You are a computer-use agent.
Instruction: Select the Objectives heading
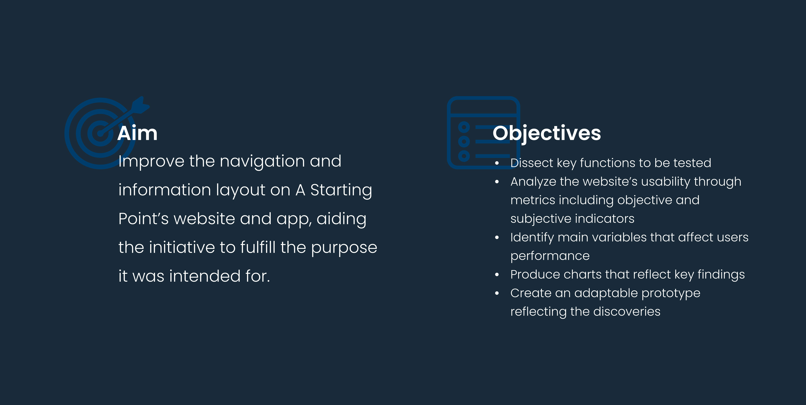tap(547, 134)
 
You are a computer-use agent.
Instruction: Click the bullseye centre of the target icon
tap(100, 133)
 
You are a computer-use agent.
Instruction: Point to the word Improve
tap(151, 162)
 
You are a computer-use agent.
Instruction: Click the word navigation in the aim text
tap(262, 162)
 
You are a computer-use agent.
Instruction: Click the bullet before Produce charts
tap(497, 275)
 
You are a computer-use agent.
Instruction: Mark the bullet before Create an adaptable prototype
tap(497, 293)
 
